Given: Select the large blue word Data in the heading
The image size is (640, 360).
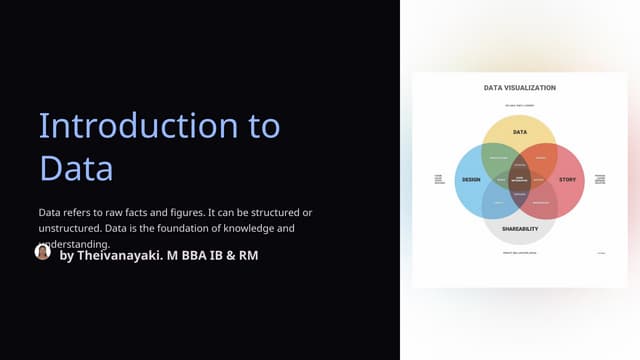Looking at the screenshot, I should (x=76, y=167).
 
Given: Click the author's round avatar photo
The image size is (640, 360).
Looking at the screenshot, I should (x=42, y=252).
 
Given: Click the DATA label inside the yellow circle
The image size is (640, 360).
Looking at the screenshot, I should (x=520, y=132).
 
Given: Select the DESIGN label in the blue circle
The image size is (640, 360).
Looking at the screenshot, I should (x=471, y=180).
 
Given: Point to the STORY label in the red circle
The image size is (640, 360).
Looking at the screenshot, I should (x=567, y=180).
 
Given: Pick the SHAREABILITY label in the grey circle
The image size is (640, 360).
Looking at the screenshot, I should (x=520, y=229).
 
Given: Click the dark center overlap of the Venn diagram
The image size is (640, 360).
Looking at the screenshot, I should (x=520, y=180).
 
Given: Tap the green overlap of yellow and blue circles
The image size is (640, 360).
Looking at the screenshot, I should (x=497, y=158).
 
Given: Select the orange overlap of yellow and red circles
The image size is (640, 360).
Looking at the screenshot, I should (x=542, y=158).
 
